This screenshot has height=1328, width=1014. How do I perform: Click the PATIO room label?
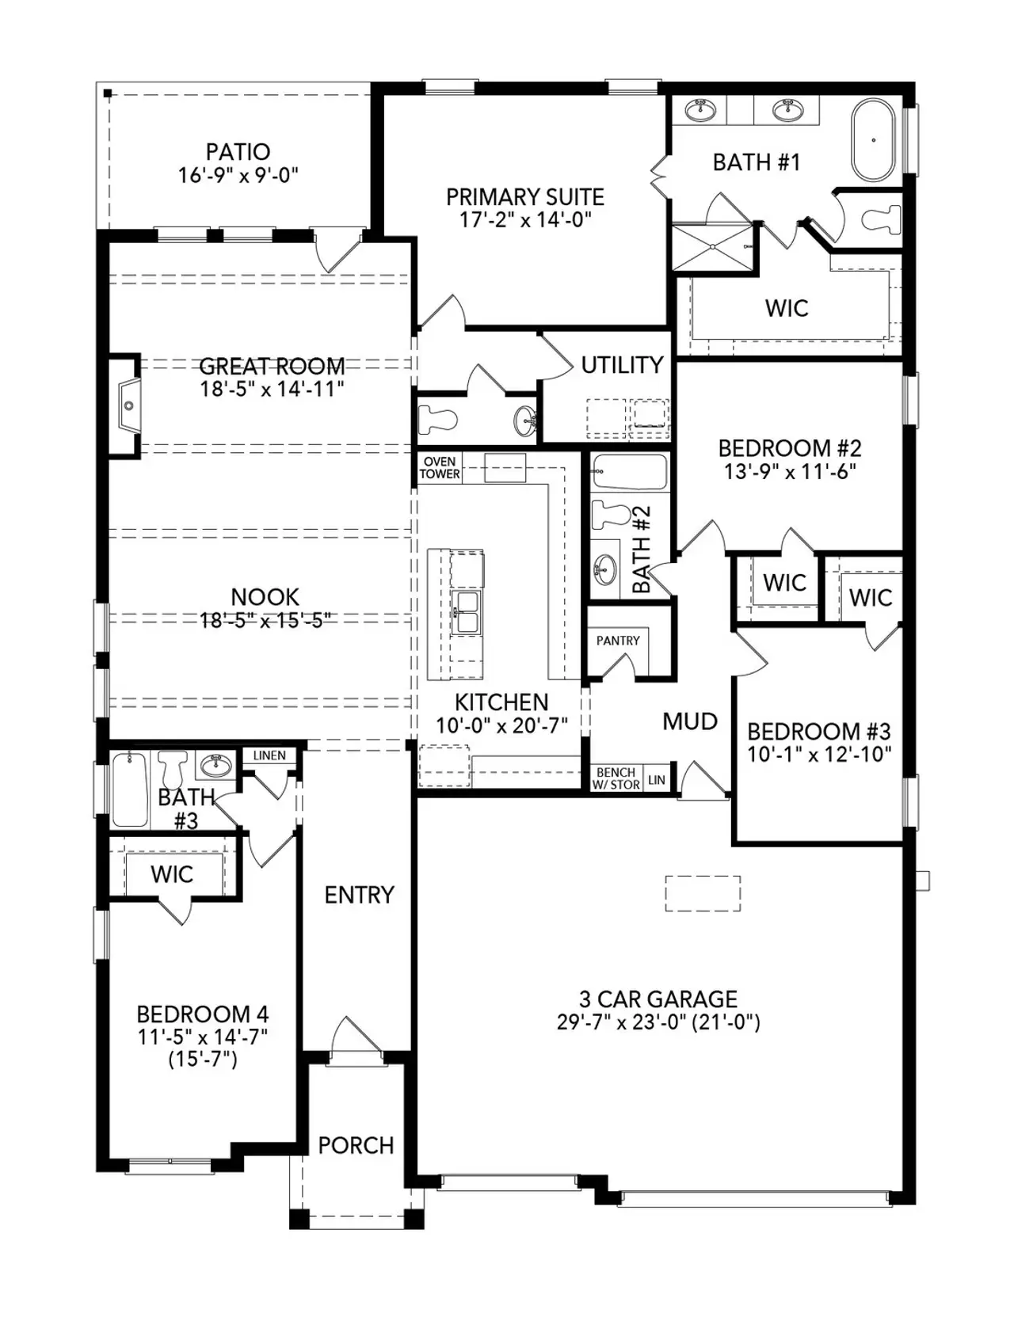238,151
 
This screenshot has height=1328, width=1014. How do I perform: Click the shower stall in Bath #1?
714,247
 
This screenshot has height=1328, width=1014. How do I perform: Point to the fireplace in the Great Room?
128,405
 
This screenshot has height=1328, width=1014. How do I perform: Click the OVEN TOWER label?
440,468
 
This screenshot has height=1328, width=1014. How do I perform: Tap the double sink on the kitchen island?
466,611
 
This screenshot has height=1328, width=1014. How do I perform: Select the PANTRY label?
618,641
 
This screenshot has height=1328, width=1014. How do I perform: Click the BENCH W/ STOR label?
616,778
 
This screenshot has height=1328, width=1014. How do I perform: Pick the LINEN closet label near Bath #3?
269,755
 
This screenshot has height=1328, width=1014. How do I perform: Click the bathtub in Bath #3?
130,790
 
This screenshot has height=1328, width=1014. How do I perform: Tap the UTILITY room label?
622,365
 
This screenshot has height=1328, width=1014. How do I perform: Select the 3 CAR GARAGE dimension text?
658,1022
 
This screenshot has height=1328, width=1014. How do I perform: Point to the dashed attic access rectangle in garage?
703,893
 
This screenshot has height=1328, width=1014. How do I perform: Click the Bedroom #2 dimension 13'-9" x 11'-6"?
789,471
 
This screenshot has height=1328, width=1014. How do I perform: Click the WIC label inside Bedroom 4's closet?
172,874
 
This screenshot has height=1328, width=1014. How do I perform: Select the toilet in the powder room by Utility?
436,419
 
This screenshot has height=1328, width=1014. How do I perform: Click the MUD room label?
690,721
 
